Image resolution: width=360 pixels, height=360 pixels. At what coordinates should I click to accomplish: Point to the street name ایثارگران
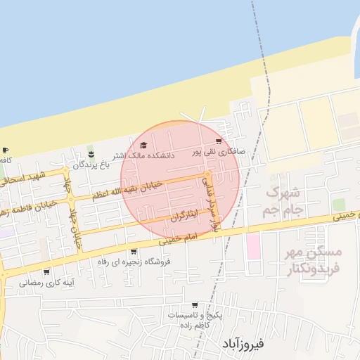(x=185, y=216)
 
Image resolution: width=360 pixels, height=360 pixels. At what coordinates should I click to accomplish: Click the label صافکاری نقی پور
(x=220, y=152)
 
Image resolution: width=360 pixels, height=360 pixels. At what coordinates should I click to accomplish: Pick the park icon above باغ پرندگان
(x=90, y=154)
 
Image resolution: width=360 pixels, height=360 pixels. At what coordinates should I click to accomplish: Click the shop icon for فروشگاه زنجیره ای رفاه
(x=134, y=252)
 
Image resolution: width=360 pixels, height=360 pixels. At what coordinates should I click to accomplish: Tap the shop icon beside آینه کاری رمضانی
(x=46, y=272)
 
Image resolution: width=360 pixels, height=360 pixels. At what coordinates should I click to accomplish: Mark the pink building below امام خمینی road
(x=252, y=245)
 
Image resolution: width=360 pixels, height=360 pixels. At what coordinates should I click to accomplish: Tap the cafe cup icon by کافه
(x=6, y=150)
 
